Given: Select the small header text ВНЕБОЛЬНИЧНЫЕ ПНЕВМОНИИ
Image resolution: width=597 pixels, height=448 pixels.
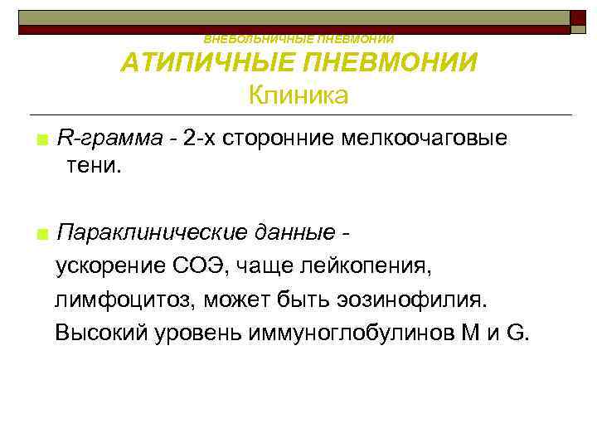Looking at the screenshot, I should tap(298, 39).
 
